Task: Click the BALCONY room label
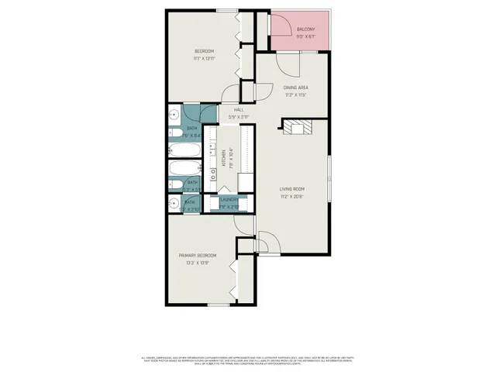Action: pyautogui.click(x=305, y=29)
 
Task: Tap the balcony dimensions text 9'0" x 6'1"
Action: pyautogui.click(x=305, y=36)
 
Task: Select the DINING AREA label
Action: pyautogui.click(x=296, y=88)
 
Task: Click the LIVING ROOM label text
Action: pyautogui.click(x=292, y=189)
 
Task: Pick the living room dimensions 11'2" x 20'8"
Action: pyautogui.click(x=292, y=197)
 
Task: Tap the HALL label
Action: pyautogui.click(x=239, y=110)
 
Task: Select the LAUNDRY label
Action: pyautogui.click(x=228, y=199)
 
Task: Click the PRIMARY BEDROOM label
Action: pyautogui.click(x=197, y=255)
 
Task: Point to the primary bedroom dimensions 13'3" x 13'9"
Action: pyautogui.click(x=197, y=263)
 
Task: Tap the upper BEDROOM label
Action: pyautogui.click(x=204, y=51)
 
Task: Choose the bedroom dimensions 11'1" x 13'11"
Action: pyautogui.click(x=204, y=58)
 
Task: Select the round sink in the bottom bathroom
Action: pyautogui.click(x=173, y=205)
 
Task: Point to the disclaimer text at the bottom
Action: pyautogui.click(x=248, y=361)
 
